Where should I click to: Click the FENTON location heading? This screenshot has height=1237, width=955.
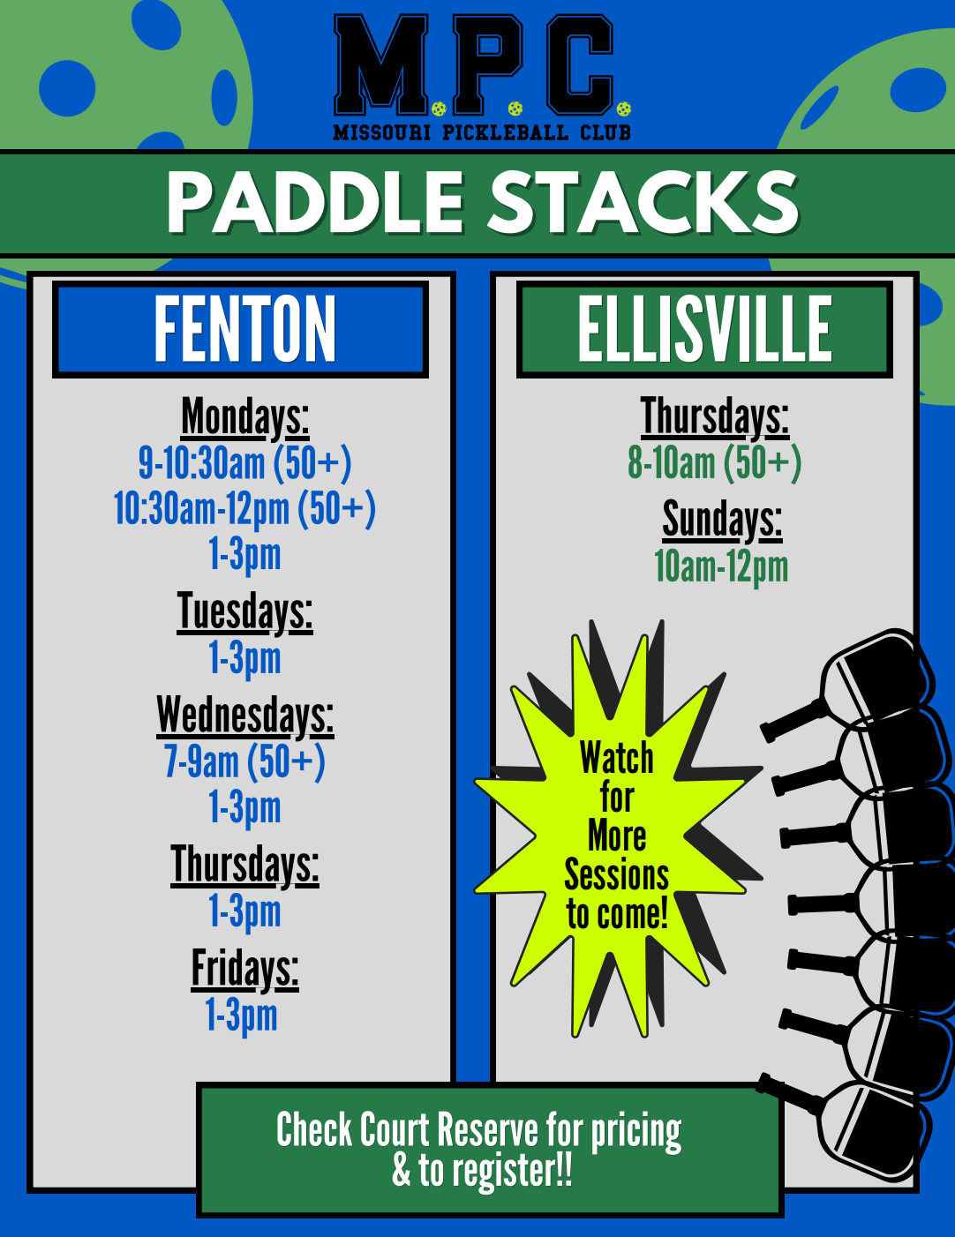pos(244,330)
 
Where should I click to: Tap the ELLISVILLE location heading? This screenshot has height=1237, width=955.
pos(705,328)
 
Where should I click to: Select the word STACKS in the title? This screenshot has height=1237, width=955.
pos(643,203)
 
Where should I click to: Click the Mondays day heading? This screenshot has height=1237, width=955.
pos(244,418)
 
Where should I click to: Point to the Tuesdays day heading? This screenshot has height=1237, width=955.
pos(244,612)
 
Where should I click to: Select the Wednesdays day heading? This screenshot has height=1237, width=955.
pos(244,716)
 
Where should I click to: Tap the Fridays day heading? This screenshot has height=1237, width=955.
pos(244,970)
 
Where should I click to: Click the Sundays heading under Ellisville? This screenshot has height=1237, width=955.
pos(722,520)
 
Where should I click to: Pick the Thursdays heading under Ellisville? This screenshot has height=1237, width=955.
pos(715,417)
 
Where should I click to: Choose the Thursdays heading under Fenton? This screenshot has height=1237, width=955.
pos(244,866)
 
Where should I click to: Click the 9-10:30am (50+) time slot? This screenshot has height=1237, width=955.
pos(244,463)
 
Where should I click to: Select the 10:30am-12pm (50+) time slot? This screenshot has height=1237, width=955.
pos(244,509)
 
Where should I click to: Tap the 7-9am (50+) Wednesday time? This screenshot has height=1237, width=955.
pos(244,761)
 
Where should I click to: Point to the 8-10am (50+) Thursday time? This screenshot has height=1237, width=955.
pos(715,463)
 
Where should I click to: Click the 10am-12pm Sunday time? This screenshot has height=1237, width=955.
pos(721,567)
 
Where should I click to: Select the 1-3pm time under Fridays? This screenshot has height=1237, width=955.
pos(242,1016)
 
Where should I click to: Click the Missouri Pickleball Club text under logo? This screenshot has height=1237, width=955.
pos(482,132)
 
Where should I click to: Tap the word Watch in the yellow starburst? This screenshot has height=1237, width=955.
pos(617,758)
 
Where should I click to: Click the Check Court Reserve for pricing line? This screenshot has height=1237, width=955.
pos(479,1131)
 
